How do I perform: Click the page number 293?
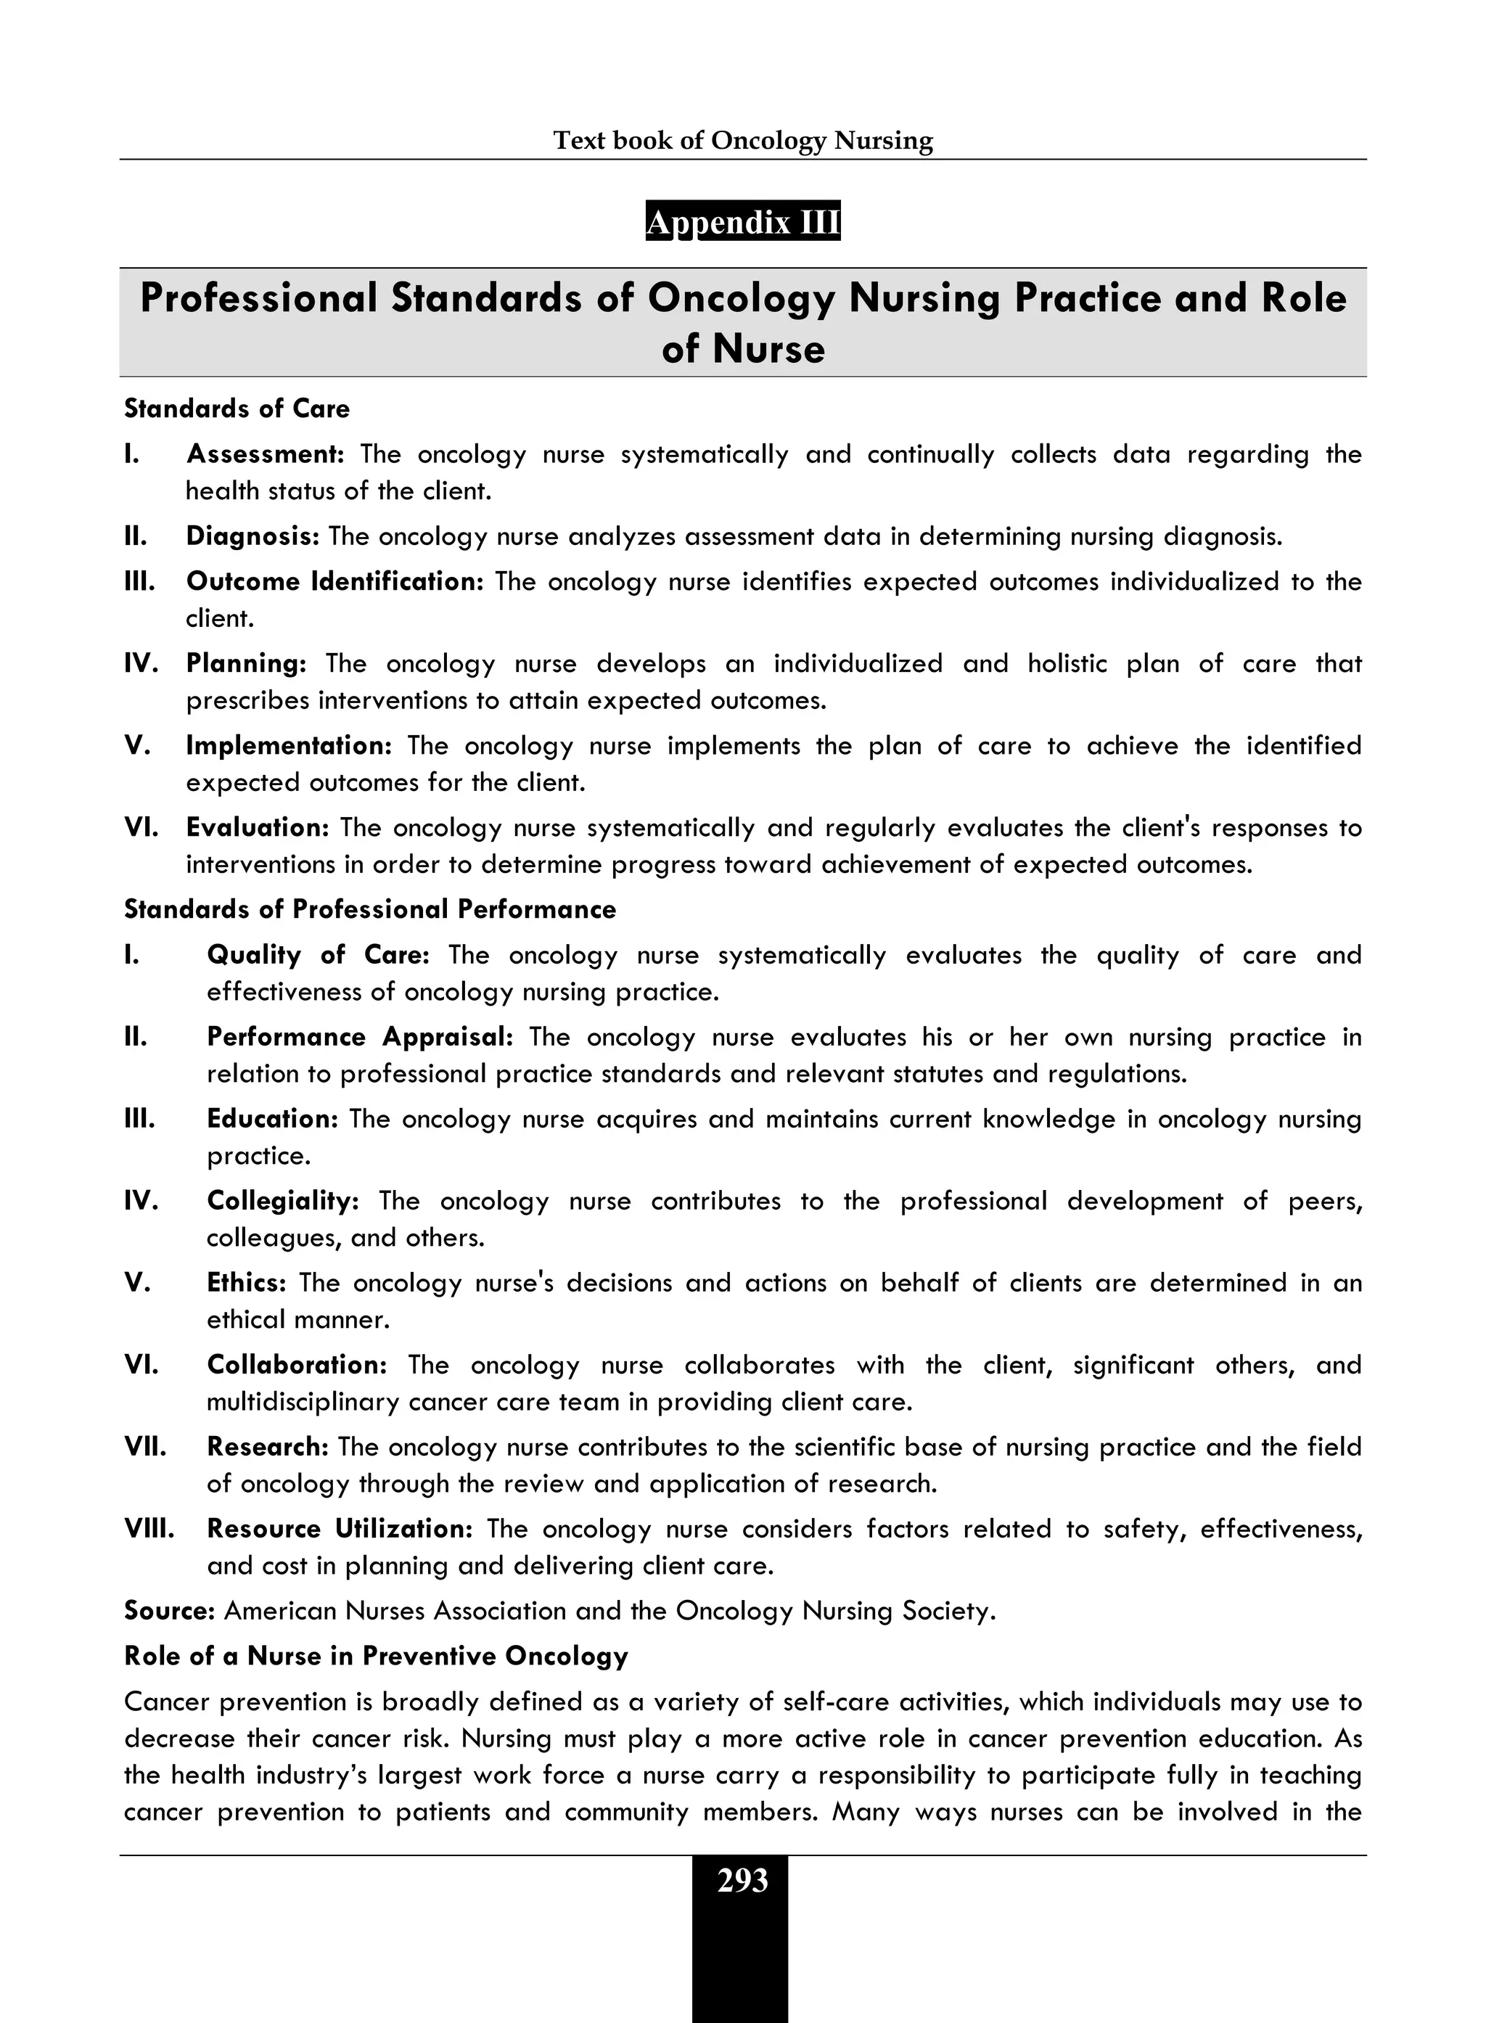(x=742, y=1881)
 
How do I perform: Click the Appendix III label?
(x=742, y=221)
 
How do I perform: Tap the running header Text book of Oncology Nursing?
(x=742, y=140)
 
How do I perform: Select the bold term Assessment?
(x=266, y=454)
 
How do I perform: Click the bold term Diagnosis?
(x=253, y=536)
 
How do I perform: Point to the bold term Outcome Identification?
(x=334, y=581)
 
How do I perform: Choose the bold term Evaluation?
(x=258, y=826)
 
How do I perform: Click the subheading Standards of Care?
(x=237, y=409)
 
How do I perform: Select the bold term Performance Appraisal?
(x=360, y=1036)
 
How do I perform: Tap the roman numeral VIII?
(x=149, y=1528)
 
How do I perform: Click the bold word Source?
(x=169, y=1610)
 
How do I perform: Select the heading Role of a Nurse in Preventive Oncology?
(x=376, y=1656)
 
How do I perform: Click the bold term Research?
(x=268, y=1446)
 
